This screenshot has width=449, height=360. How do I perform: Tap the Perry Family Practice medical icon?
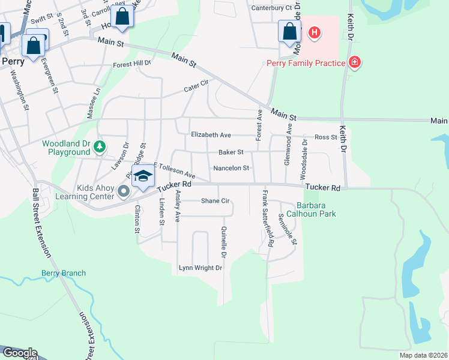pos(355,62)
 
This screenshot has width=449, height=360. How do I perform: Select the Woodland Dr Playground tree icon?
pos(100,146)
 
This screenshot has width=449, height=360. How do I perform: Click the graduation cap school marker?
pos(143,176)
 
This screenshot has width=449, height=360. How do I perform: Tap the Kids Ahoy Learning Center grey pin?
pos(124,192)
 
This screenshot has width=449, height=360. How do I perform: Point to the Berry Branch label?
pos(64,273)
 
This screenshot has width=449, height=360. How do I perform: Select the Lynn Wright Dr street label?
pos(200,268)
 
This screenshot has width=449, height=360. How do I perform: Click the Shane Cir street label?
pos(215,201)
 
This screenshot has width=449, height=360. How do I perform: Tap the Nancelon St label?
pos(231,168)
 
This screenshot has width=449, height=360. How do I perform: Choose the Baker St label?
pos(231,152)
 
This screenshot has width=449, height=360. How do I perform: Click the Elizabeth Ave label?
pos(211,136)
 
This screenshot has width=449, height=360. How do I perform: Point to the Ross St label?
pos(326,137)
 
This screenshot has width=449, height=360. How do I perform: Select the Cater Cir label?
pos(196,88)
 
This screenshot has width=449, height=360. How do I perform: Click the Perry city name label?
pos(13,61)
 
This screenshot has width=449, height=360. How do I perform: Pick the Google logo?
pos(19,353)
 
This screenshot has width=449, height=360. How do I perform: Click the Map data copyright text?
pos(423,355)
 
